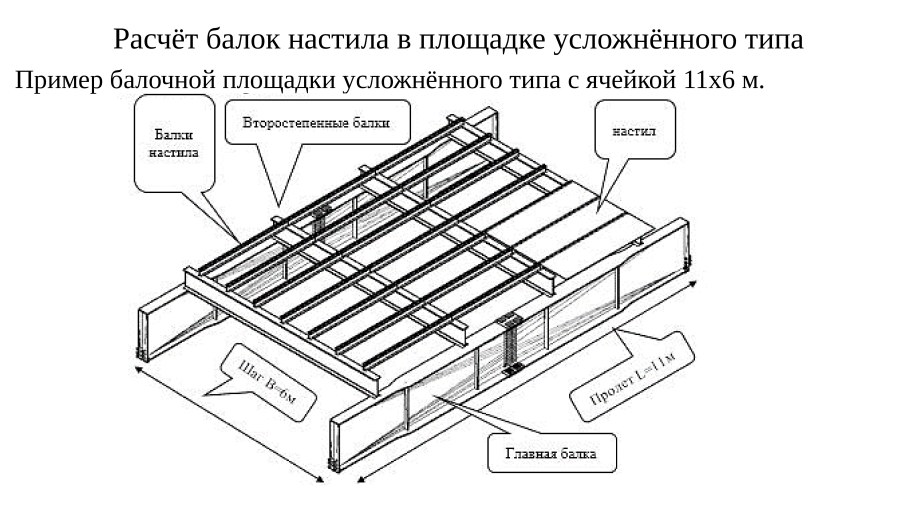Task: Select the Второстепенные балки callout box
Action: (x=328, y=124)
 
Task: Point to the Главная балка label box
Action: (x=551, y=454)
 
